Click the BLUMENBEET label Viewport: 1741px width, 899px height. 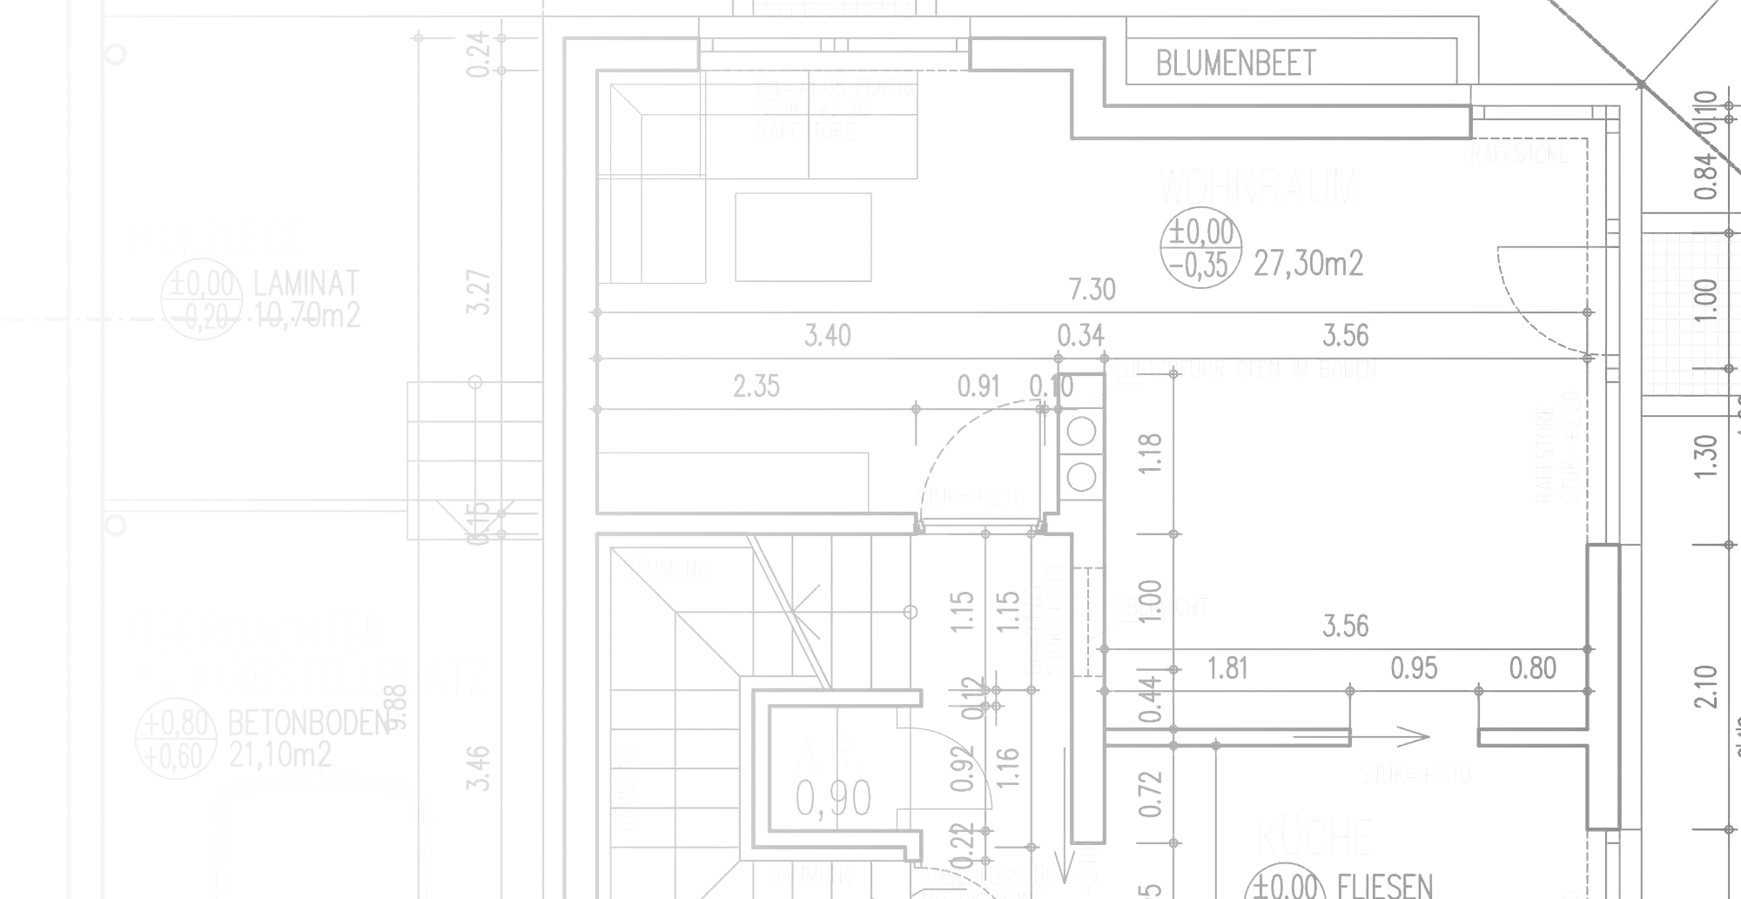point(1236,63)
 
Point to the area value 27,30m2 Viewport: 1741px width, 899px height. point(1308,262)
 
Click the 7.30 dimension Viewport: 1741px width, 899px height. point(1092,289)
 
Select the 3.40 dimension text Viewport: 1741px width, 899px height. point(827,335)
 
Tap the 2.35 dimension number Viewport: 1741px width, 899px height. point(756,386)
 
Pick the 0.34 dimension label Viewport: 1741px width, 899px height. point(1080,335)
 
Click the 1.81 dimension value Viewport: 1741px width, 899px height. point(1226,668)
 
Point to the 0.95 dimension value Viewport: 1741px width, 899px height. point(1415,668)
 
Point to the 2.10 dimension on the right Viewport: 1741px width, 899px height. point(1706,685)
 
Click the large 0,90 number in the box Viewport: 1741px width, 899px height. point(833,799)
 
